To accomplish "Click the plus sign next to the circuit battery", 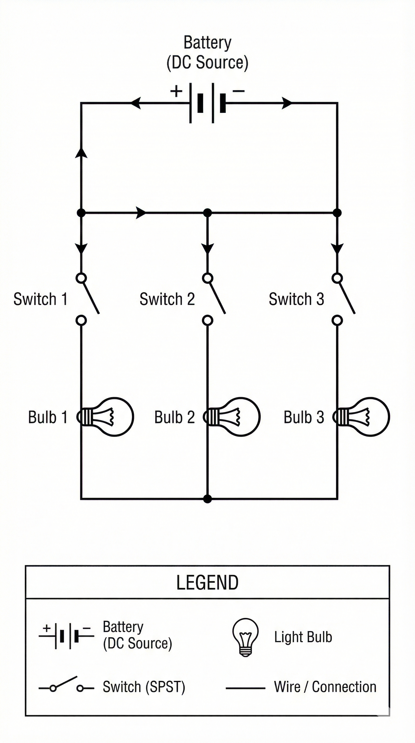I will pyautogui.click(x=176, y=91).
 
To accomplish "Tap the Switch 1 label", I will pyautogui.click(x=41, y=299).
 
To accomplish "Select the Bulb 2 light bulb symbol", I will pyautogui.click(x=232, y=417).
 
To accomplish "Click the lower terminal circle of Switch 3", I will pyautogui.click(x=337, y=320).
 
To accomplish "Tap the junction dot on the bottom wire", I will pyautogui.click(x=207, y=499).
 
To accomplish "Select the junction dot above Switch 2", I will pyautogui.click(x=207, y=213).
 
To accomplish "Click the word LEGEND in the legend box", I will pyautogui.click(x=207, y=582).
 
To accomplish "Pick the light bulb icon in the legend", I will pyautogui.click(x=245, y=637).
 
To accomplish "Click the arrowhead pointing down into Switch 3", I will pyautogui.click(x=337, y=248).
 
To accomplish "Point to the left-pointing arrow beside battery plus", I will pyautogui.click(x=136, y=103).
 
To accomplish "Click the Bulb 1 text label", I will pyautogui.click(x=48, y=417).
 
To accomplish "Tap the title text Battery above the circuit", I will pyautogui.click(x=207, y=43).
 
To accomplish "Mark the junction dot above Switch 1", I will pyautogui.click(x=81, y=213).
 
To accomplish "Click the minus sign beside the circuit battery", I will pyautogui.click(x=238, y=91).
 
